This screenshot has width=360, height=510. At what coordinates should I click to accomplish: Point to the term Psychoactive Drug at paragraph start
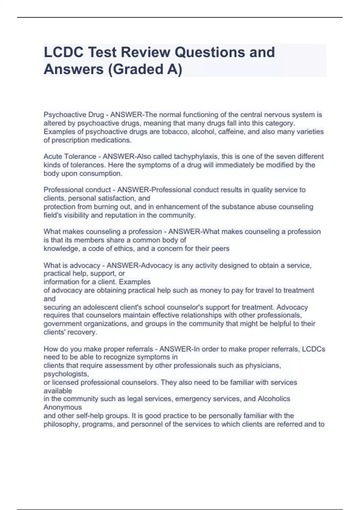point(74,115)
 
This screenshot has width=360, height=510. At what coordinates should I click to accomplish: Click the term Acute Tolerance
point(70,157)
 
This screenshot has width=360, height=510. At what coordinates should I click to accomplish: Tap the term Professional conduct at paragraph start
point(77,190)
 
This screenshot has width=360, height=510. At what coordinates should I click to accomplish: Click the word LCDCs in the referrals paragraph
point(313,349)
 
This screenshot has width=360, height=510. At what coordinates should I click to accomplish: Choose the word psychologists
point(66,374)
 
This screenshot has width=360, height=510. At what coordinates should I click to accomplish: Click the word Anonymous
point(63,407)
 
